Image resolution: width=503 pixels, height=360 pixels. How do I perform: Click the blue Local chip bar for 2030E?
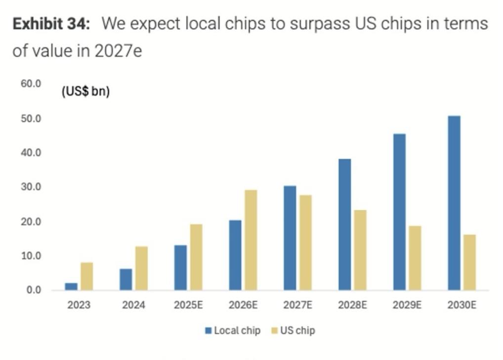pyautogui.click(x=454, y=203)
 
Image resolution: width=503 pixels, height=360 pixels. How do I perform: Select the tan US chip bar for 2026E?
pyautogui.click(x=251, y=240)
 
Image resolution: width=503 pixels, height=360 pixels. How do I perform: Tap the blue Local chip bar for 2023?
pyautogui.click(x=71, y=286)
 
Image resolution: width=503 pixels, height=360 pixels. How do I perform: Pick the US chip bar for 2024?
pyautogui.click(x=141, y=268)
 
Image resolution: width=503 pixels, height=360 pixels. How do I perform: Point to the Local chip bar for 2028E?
pyautogui.click(x=344, y=225)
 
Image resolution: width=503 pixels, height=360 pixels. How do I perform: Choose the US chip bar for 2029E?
pyautogui.click(x=415, y=258)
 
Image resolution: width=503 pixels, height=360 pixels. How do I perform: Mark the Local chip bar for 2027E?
pyautogui.click(x=290, y=238)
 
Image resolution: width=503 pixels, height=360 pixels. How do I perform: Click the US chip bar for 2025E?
pyautogui.click(x=196, y=257)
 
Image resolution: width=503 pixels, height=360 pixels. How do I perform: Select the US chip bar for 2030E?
pyautogui.click(x=469, y=262)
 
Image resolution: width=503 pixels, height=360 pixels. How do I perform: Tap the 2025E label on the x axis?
pyautogui.click(x=188, y=305)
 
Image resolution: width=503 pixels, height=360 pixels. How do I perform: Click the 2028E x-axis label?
pyautogui.click(x=352, y=305)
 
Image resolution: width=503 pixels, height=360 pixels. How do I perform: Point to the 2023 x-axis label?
pyautogui.click(x=79, y=305)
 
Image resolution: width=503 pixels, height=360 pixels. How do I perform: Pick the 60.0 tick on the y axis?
pyautogui.click(x=31, y=84)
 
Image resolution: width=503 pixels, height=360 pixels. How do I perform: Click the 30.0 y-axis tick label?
pyautogui.click(x=31, y=187)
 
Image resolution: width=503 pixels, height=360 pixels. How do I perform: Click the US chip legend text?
pyautogui.click(x=297, y=330)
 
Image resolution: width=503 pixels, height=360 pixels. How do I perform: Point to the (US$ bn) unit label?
pyautogui.click(x=85, y=91)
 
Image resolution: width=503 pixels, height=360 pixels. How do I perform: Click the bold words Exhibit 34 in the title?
pyautogui.click(x=51, y=24)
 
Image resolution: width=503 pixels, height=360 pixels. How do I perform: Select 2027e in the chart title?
pyautogui.click(x=119, y=50)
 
